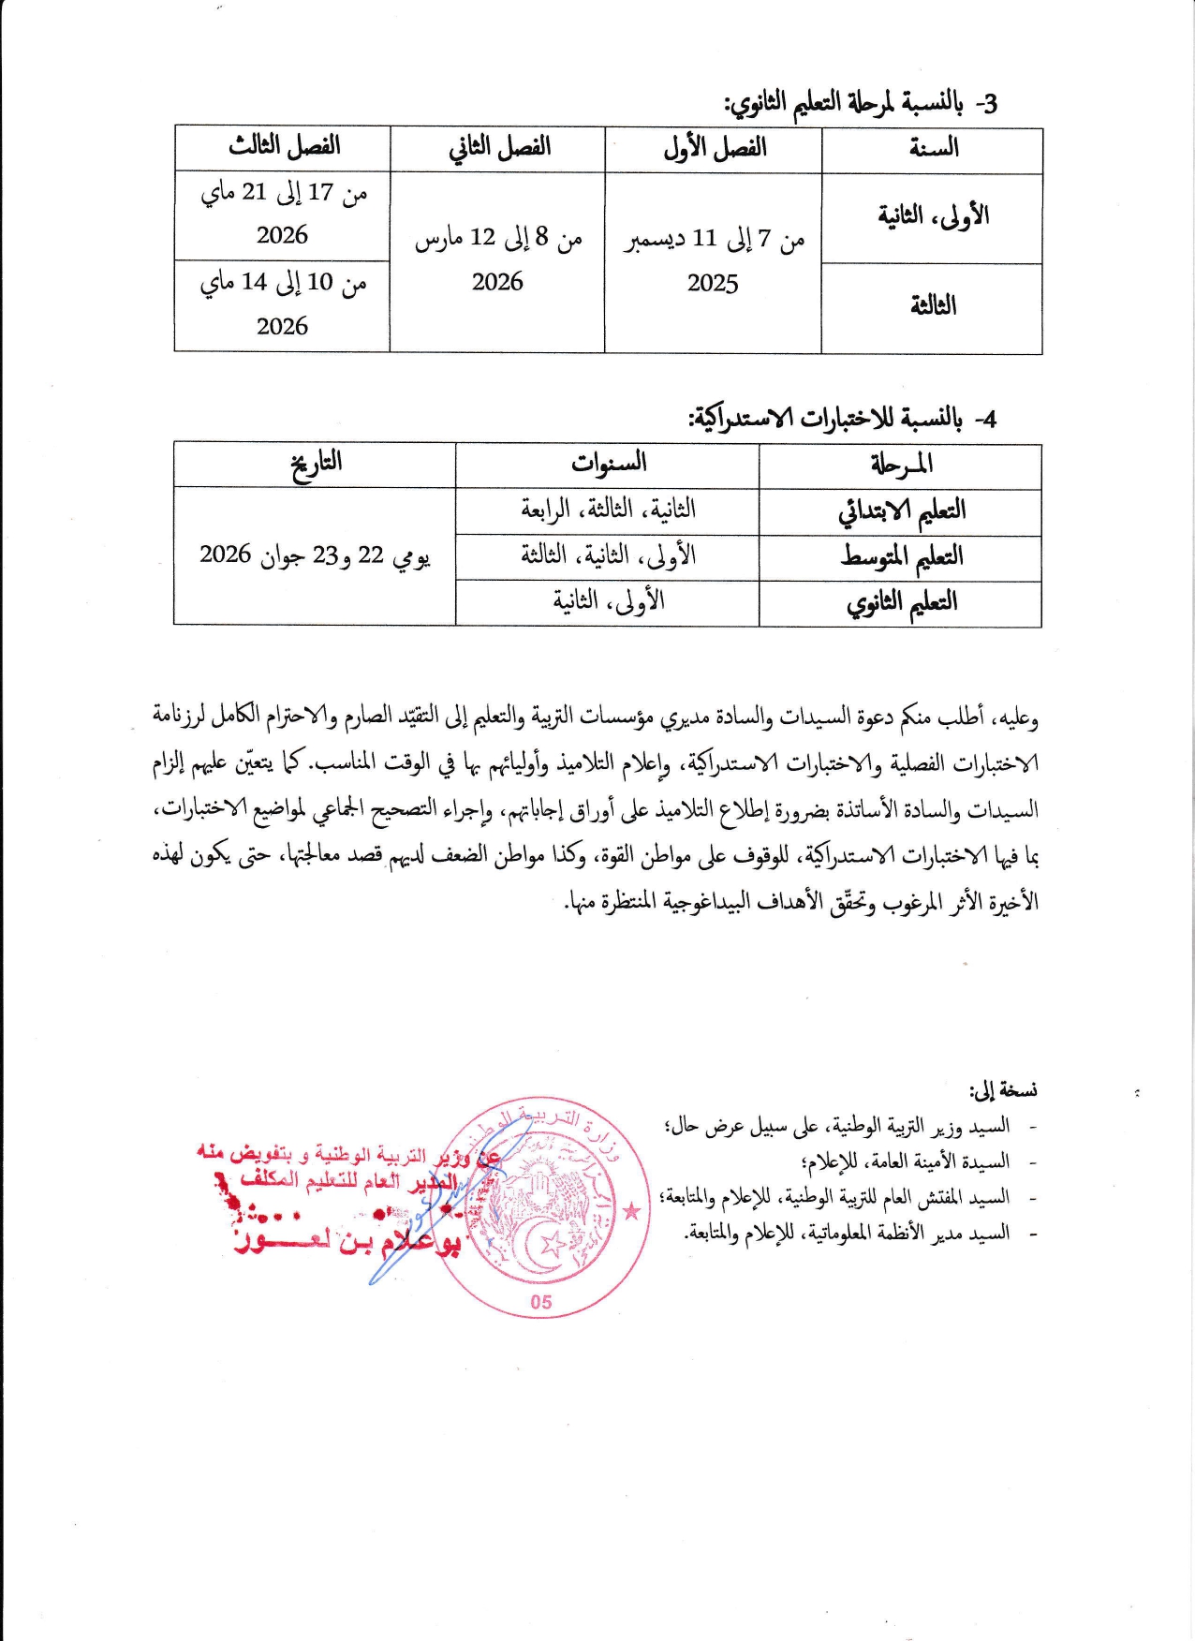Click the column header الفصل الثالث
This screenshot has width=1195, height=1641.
point(283,147)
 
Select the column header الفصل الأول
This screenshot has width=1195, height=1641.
point(714,148)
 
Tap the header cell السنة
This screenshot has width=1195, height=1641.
point(933,148)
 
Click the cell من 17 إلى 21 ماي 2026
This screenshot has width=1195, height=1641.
point(283,214)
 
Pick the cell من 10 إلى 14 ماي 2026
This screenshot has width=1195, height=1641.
point(283,303)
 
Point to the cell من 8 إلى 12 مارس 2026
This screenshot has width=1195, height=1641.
point(497,259)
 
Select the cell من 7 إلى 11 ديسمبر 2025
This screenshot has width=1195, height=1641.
point(714,260)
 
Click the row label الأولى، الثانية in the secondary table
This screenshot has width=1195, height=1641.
point(933,216)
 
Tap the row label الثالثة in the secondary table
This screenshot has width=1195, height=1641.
point(933,305)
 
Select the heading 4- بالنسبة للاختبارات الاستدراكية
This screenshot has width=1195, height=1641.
point(843,418)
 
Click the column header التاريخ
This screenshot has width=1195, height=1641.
point(316,464)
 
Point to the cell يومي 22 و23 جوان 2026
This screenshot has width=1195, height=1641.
point(316,555)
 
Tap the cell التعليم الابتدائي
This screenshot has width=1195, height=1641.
point(901,510)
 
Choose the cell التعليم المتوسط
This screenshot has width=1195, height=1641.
point(901,556)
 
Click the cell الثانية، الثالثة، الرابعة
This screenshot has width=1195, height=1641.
point(608,510)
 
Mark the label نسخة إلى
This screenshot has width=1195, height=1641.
point(1003,1090)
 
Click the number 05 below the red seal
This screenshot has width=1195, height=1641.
point(541,1302)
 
